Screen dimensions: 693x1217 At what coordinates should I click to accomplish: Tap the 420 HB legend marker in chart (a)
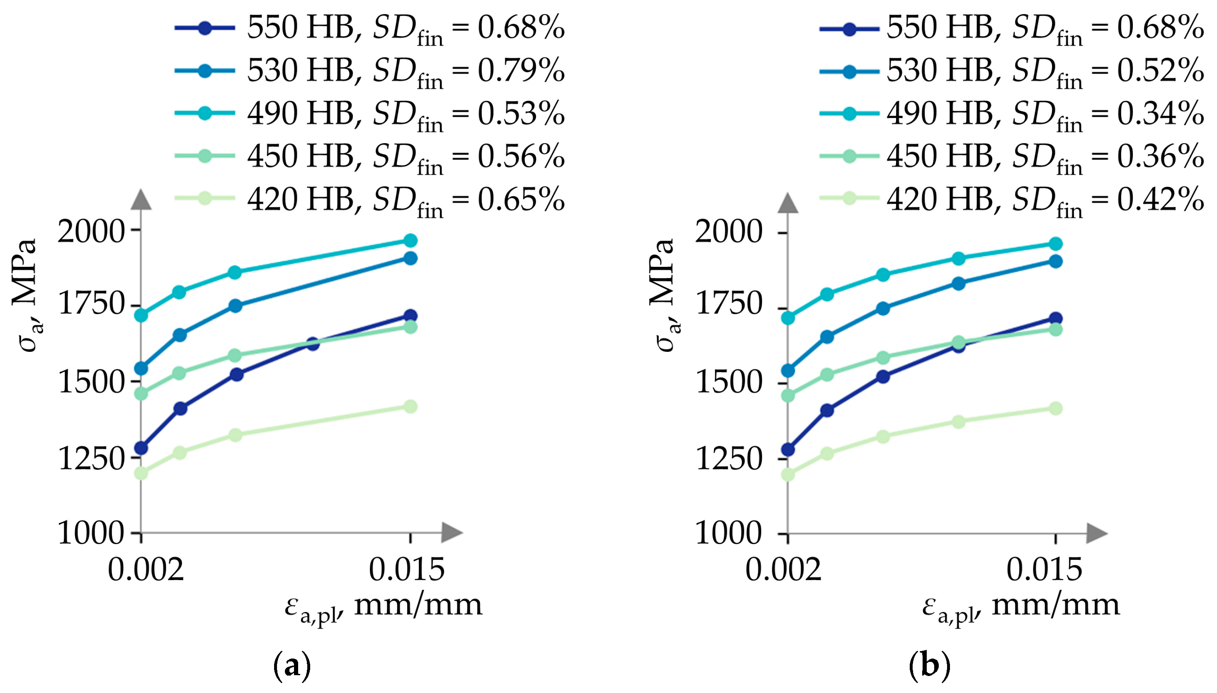click(x=204, y=198)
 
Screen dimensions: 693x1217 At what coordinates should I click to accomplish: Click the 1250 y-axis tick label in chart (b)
click(x=729, y=459)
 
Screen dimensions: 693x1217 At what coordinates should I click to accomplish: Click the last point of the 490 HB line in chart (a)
click(x=411, y=240)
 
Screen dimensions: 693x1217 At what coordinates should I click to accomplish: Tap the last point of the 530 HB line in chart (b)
click(x=1055, y=261)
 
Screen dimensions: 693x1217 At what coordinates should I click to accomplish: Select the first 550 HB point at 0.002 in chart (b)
click(x=788, y=449)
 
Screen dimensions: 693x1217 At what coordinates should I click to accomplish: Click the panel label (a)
click(x=292, y=666)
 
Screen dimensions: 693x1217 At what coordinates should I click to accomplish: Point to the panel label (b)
click(x=929, y=666)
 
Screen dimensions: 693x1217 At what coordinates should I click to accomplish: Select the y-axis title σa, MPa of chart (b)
click(x=665, y=295)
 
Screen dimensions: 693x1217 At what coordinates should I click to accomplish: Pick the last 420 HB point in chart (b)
click(x=1055, y=408)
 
